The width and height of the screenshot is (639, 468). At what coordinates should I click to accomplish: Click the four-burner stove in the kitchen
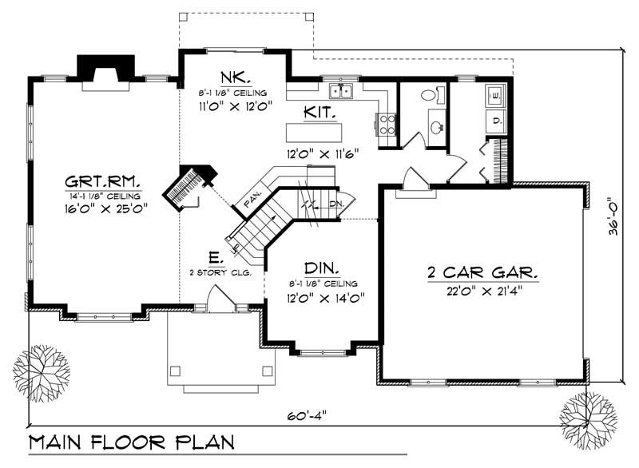(x=386, y=123)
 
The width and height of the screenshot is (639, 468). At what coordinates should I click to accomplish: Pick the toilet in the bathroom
(x=430, y=95)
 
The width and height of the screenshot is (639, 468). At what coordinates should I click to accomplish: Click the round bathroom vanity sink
(x=437, y=125)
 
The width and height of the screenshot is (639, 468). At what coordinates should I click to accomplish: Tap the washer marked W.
(x=494, y=96)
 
